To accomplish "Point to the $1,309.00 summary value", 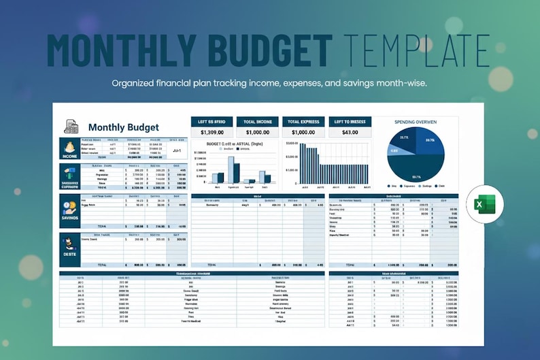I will coord(212,132).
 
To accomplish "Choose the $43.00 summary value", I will coord(350,132).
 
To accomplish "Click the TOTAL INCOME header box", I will coord(258,122).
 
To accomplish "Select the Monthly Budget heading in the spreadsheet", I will coord(123,127).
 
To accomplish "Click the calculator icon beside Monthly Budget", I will coord(71,127).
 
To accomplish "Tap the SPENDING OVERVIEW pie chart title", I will coord(416,122).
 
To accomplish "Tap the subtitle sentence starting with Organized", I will coord(269,84).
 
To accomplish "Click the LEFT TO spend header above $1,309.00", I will coord(212,122).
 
